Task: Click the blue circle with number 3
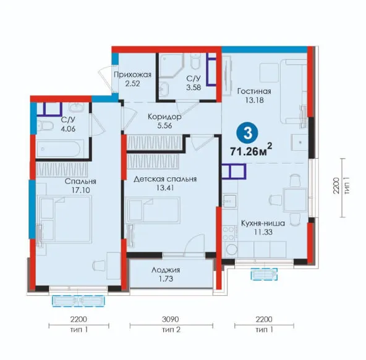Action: (x=248, y=133)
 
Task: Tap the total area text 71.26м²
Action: (x=251, y=150)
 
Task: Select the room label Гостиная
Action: (x=254, y=91)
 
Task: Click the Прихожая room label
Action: (x=132, y=75)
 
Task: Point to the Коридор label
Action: (x=164, y=117)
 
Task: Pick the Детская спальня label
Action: (x=165, y=179)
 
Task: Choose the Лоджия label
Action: (x=166, y=270)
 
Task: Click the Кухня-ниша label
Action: (x=263, y=223)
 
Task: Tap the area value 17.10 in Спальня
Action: (x=80, y=190)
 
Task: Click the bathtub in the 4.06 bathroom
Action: (x=60, y=149)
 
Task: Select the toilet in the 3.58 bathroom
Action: (x=195, y=61)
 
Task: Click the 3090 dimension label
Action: (x=171, y=319)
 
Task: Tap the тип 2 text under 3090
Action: (x=171, y=330)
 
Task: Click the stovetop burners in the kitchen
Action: (x=229, y=233)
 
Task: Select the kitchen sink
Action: (x=230, y=201)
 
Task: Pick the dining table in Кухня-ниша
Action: (x=294, y=200)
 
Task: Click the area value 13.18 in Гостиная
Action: (x=254, y=100)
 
